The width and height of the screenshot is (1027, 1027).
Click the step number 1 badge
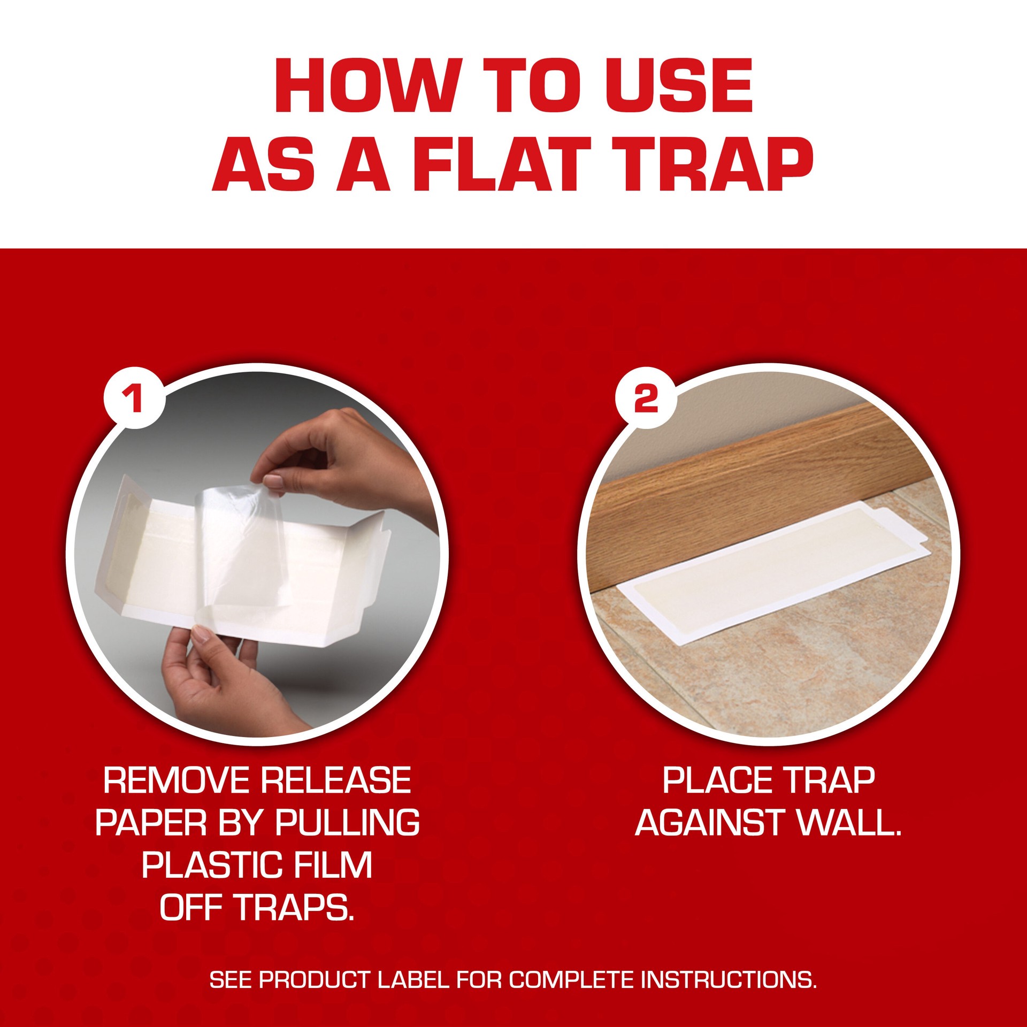point(134,397)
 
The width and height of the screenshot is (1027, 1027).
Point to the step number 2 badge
point(646,398)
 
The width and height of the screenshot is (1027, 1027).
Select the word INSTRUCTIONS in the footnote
point(729,980)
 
